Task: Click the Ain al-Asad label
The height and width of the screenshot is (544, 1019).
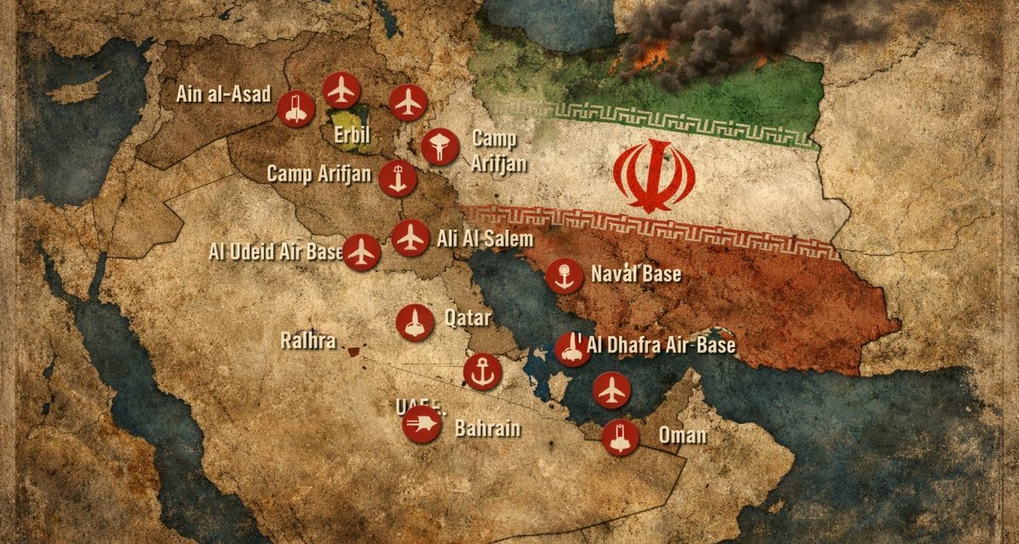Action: click(223, 94)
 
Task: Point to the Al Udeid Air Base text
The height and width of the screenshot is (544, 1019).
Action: click(276, 252)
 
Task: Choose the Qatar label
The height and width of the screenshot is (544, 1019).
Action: click(468, 320)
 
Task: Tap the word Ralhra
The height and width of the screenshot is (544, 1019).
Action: click(308, 342)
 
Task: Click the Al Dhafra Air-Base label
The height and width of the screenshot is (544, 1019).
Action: click(661, 345)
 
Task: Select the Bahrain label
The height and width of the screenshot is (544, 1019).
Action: click(487, 428)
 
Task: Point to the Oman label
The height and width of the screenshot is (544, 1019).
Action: click(683, 436)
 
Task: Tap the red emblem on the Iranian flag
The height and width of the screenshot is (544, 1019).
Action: click(655, 176)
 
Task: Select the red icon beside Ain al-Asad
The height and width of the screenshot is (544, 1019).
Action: click(296, 109)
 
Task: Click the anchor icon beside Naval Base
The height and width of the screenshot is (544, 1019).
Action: click(564, 275)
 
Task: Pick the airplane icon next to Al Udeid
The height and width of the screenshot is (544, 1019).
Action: click(363, 252)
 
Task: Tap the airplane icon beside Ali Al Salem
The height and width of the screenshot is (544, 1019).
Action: click(411, 237)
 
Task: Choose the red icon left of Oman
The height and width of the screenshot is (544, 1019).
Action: click(620, 438)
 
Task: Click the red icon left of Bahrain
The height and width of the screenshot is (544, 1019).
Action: click(422, 424)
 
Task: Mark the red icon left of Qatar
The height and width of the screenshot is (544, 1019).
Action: click(414, 323)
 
